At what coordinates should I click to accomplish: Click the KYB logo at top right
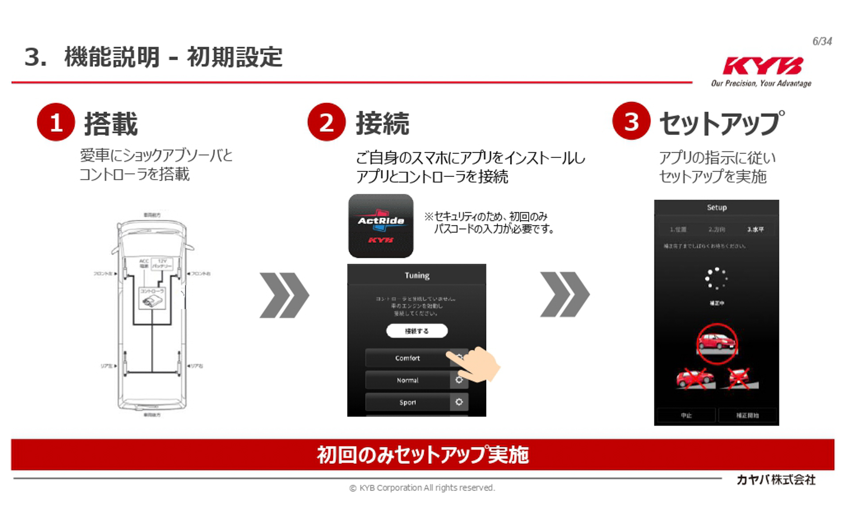tap(762, 66)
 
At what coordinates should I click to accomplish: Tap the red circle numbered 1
tap(56, 122)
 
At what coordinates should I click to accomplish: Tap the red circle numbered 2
tap(326, 122)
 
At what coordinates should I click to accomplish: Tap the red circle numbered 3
tap(631, 121)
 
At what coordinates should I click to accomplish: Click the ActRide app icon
tap(381, 226)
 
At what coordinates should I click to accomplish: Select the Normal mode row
tap(407, 380)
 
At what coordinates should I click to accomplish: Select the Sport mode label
tap(407, 402)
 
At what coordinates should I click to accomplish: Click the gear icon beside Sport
tap(459, 402)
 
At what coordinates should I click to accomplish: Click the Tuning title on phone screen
tap(417, 275)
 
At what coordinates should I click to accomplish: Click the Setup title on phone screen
tap(717, 207)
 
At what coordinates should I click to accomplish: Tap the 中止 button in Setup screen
tap(686, 416)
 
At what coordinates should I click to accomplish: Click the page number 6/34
tap(822, 42)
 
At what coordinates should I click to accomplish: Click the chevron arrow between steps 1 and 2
tap(284, 295)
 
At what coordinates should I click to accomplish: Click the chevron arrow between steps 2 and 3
tap(564, 295)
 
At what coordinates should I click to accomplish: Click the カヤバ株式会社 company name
tap(776, 480)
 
